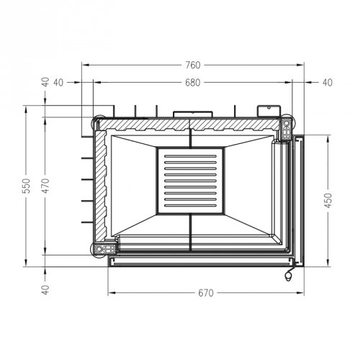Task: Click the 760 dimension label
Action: [193, 65]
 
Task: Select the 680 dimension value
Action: [193, 83]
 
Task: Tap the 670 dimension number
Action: [206, 293]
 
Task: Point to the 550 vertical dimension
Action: [27, 186]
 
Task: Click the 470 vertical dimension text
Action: [45, 186]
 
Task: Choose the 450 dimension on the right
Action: [328, 200]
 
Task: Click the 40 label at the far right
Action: [328, 83]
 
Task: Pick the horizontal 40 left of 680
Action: [58, 83]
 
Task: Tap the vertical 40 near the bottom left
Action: [45, 289]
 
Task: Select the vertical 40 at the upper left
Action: [45, 82]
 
